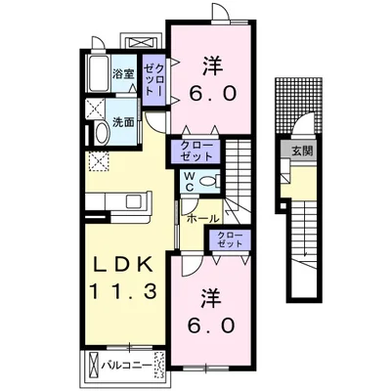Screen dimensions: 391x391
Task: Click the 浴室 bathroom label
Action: pyautogui.click(x=123, y=74)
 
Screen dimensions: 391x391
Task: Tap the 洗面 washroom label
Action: pyautogui.click(x=123, y=122)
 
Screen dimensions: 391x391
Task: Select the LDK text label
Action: pyautogui.click(x=123, y=265)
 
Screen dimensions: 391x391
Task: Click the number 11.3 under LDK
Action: pyautogui.click(x=123, y=291)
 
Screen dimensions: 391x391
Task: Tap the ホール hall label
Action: pyautogui.click(x=202, y=219)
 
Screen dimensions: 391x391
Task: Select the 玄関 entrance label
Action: pyautogui.click(x=302, y=151)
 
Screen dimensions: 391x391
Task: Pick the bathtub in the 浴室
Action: pyautogui.click(x=99, y=73)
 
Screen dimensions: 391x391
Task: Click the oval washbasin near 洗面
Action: pyautogui.click(x=103, y=133)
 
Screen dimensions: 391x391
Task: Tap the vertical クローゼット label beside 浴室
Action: pyautogui.click(x=154, y=80)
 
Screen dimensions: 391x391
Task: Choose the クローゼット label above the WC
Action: pyautogui.click(x=196, y=151)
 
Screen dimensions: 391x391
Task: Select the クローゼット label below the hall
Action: pyautogui.click(x=230, y=239)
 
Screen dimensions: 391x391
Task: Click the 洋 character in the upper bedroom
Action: pyautogui.click(x=213, y=65)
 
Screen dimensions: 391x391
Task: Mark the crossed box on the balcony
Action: pyautogui.click(x=94, y=365)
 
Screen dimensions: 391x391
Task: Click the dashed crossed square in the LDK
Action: pyautogui.click(x=99, y=161)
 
